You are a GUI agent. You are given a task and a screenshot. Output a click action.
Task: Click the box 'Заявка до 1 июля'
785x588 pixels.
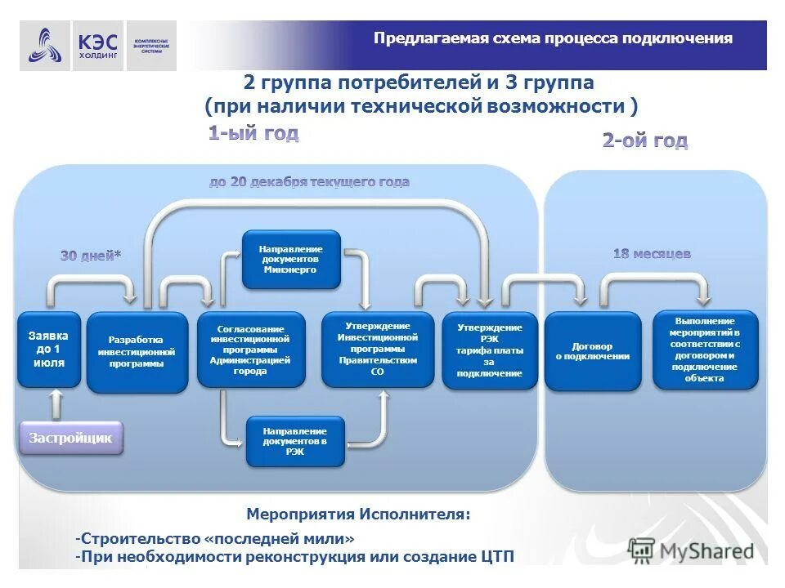pyautogui.click(x=49, y=350)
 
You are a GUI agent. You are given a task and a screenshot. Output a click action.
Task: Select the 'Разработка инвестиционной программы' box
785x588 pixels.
pyautogui.click(x=137, y=352)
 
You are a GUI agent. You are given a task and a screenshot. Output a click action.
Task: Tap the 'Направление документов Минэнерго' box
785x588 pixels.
pyautogui.click(x=291, y=259)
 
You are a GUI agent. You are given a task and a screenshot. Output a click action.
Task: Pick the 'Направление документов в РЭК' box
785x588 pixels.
pyautogui.click(x=295, y=441)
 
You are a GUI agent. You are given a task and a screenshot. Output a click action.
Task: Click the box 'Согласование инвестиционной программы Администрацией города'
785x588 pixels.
pyautogui.click(x=251, y=350)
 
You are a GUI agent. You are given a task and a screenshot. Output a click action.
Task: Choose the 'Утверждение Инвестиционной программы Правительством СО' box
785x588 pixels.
pyautogui.click(x=377, y=350)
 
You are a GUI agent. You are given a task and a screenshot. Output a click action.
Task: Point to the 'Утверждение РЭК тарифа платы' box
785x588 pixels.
pyautogui.click(x=490, y=350)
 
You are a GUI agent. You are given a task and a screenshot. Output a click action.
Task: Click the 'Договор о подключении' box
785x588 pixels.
pyautogui.click(x=593, y=351)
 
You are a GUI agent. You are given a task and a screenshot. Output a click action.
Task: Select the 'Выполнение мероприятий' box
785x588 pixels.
pyautogui.click(x=705, y=350)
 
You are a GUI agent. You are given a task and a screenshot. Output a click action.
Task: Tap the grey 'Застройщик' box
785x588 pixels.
pyautogui.click(x=70, y=438)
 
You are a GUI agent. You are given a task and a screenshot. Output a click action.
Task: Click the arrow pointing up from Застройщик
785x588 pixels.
pyautogui.click(x=56, y=403)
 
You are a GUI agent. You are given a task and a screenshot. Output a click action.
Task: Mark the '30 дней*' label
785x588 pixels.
pyautogui.click(x=91, y=256)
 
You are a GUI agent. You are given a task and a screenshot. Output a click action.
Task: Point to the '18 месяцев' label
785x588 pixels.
pyautogui.click(x=652, y=254)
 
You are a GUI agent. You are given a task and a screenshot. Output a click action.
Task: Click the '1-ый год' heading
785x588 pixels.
pyautogui.click(x=253, y=134)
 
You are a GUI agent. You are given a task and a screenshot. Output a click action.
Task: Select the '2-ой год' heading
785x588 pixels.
pyautogui.click(x=644, y=140)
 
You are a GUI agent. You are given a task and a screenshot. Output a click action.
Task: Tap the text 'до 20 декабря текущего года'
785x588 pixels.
pyautogui.click(x=309, y=182)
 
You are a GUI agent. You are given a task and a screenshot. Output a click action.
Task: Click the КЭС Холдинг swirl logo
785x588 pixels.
pyautogui.click(x=45, y=46)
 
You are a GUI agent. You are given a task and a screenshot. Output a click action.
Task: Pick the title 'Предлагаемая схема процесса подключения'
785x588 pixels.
pyautogui.click(x=553, y=38)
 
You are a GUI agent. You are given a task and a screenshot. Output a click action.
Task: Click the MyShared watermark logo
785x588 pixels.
pyautogui.click(x=692, y=550)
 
